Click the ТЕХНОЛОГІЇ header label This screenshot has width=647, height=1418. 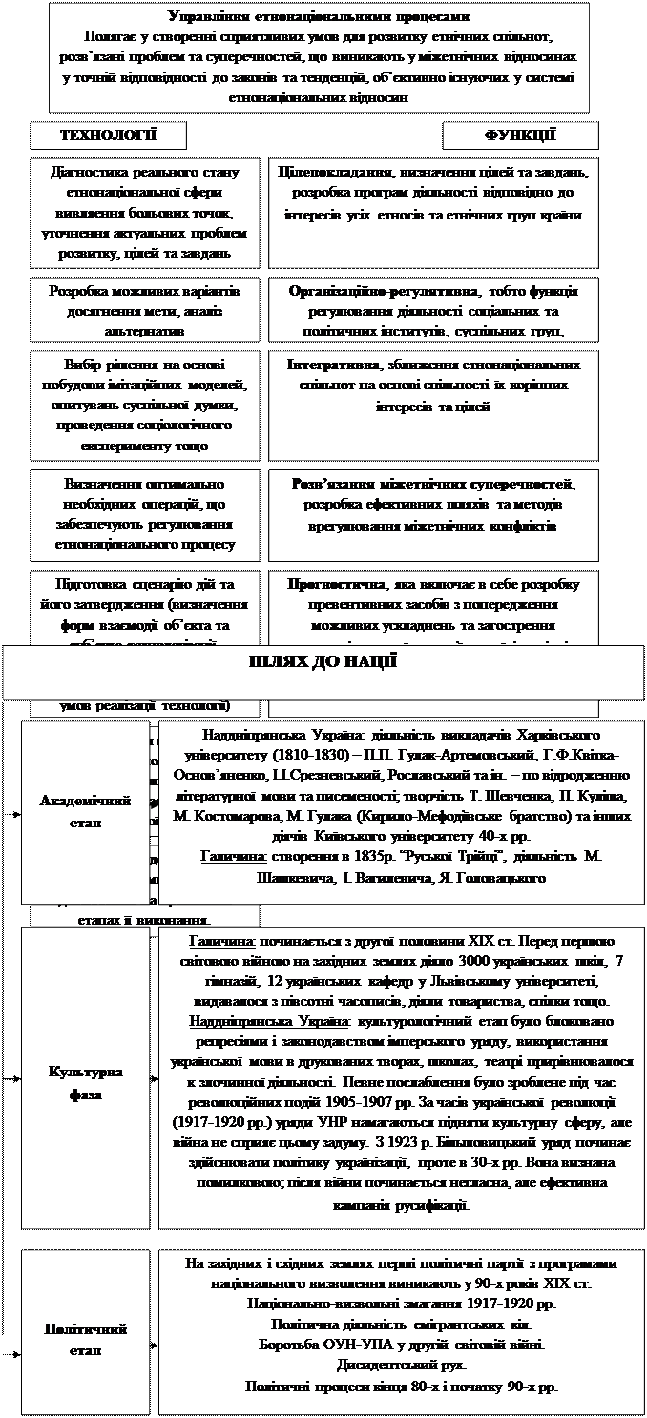tap(109, 136)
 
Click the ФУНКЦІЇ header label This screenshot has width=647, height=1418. tap(521, 136)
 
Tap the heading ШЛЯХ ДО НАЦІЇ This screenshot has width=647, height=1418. tap(323, 662)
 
